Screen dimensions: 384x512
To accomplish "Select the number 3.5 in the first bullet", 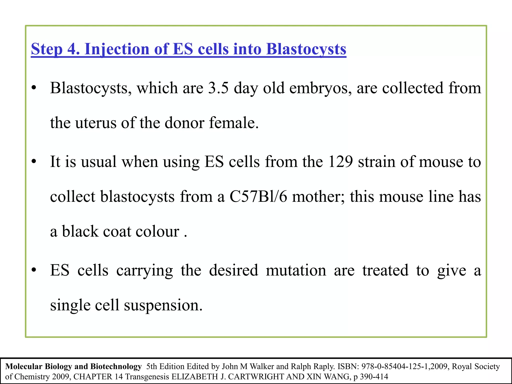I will (218, 88).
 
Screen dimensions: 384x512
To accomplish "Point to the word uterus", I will (96, 123).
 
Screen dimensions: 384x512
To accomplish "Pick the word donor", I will (184, 123).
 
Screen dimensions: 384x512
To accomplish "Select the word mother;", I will (318, 196).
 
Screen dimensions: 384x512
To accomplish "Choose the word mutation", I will (296, 270).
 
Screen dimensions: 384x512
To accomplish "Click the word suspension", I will (163, 305).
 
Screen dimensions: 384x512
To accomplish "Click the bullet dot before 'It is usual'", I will (34, 162).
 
